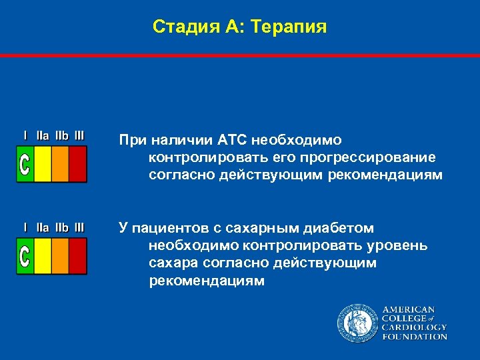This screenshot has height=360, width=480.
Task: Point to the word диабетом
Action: pyautogui.click(x=337, y=229)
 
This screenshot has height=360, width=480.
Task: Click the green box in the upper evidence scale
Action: pyautogui.click(x=25, y=164)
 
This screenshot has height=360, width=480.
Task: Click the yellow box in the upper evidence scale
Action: pyautogui.click(x=43, y=164)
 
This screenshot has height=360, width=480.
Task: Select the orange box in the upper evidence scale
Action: pyautogui.click(x=60, y=164)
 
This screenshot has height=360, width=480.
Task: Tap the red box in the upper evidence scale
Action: pyautogui.click(x=78, y=164)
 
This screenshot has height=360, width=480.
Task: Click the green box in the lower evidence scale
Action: pyautogui.click(x=25, y=256)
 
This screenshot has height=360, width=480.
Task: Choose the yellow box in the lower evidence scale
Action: pyautogui.click(x=43, y=256)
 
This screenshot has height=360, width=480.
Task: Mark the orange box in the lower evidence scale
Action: pyautogui.click(x=60, y=256)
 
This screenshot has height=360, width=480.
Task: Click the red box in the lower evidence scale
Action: pyautogui.click(x=78, y=256)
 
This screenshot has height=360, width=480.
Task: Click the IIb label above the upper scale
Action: pyautogui.click(x=61, y=135)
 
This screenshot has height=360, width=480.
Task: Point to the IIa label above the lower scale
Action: pyautogui.click(x=43, y=227)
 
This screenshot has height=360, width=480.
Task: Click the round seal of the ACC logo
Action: pyautogui.click(x=357, y=323)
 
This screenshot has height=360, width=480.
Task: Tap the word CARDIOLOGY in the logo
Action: pyautogui.click(x=414, y=327)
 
